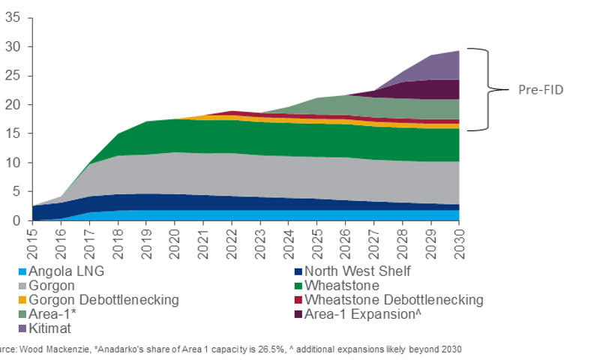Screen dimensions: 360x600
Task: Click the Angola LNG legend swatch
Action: [x=23, y=271]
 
